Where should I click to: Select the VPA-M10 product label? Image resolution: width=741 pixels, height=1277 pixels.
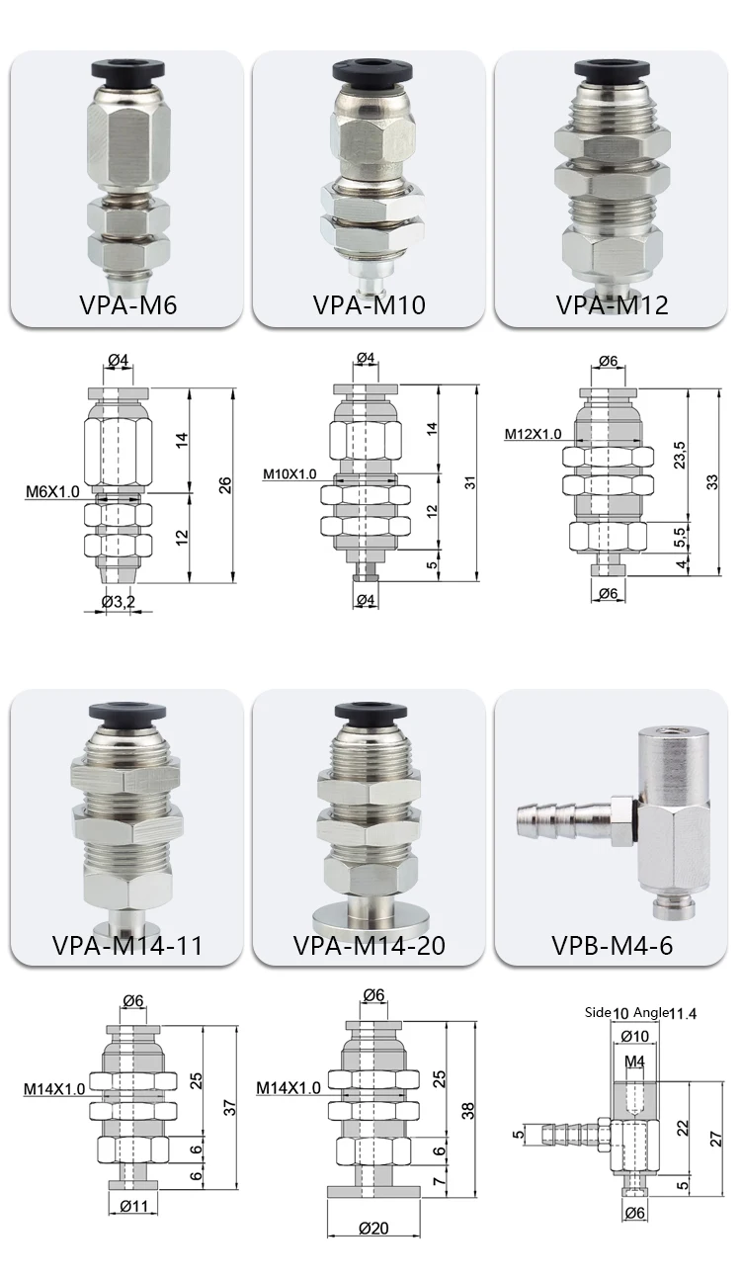(x=369, y=304)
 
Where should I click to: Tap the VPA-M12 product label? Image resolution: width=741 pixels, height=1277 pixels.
(x=612, y=304)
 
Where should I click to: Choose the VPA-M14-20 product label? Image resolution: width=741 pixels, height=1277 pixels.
(x=369, y=944)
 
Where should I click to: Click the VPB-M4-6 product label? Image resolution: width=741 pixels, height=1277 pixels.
(x=612, y=944)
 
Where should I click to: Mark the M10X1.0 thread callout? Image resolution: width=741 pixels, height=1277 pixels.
(x=289, y=474)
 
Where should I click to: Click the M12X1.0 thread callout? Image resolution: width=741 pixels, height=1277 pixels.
(x=533, y=434)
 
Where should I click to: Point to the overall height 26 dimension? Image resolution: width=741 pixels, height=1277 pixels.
(x=224, y=483)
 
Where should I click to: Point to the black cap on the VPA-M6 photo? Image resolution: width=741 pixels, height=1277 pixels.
(x=125, y=70)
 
